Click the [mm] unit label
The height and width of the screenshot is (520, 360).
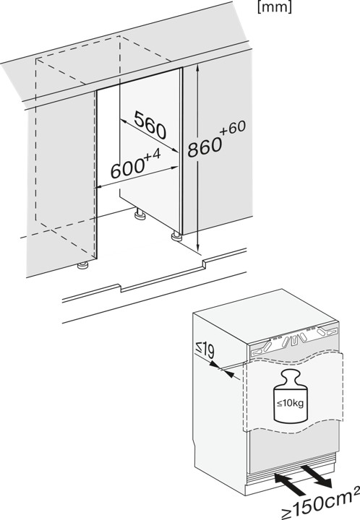tap(275, 7)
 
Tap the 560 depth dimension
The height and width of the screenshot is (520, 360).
tap(150, 126)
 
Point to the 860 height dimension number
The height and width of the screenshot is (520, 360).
tap(205, 146)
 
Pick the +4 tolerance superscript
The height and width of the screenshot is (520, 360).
tap(153, 155)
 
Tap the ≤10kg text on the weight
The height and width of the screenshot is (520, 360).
tap(291, 404)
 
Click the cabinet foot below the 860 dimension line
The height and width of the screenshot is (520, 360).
tap(176, 236)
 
